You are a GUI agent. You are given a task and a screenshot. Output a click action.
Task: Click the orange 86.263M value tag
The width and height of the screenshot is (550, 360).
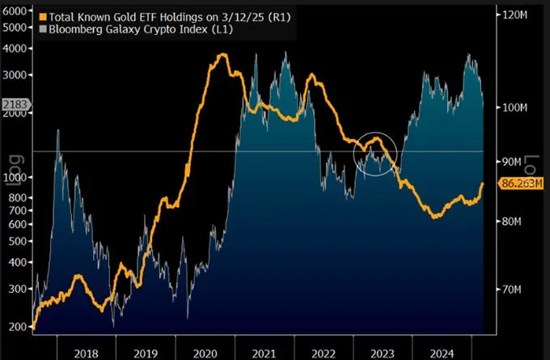pyautogui.click(x=518, y=184)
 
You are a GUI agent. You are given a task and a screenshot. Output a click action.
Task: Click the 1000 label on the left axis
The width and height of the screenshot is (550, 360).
pyautogui.click(x=14, y=177)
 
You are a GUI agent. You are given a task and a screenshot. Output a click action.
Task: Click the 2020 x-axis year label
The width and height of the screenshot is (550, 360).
pyautogui.click(x=206, y=352)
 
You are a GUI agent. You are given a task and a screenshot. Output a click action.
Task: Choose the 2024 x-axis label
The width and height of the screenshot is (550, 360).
pyautogui.click(x=442, y=352)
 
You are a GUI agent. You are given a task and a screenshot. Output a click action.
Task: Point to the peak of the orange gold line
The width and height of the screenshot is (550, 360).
pyautogui.click(x=220, y=55)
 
